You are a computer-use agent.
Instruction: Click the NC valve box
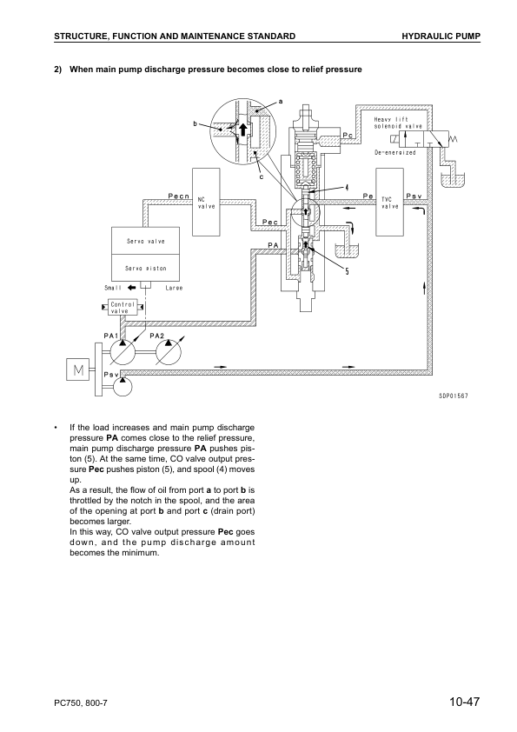[206, 203]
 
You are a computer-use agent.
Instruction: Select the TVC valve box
[389, 203]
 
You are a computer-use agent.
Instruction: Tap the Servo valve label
[146, 242]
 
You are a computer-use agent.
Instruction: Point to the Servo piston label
[146, 269]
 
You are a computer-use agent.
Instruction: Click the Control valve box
[122, 307]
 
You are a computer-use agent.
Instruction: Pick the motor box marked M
[79, 370]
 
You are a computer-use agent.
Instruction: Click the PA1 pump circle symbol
[123, 352]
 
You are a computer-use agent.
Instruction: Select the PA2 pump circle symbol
[169, 352]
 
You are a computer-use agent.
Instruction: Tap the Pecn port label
[179, 196]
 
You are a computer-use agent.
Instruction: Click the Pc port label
[348, 136]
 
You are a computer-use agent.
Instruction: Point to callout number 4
[347, 188]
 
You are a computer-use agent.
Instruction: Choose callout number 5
[347, 272]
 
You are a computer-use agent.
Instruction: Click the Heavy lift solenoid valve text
[398, 123]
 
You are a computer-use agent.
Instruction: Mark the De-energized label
[394, 153]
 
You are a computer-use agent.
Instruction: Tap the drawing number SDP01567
[453, 396]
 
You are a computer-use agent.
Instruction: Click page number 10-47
[465, 702]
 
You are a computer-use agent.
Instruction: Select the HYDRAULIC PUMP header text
[441, 36]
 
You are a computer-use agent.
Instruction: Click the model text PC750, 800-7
[81, 703]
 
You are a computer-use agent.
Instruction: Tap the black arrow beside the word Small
[131, 288]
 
